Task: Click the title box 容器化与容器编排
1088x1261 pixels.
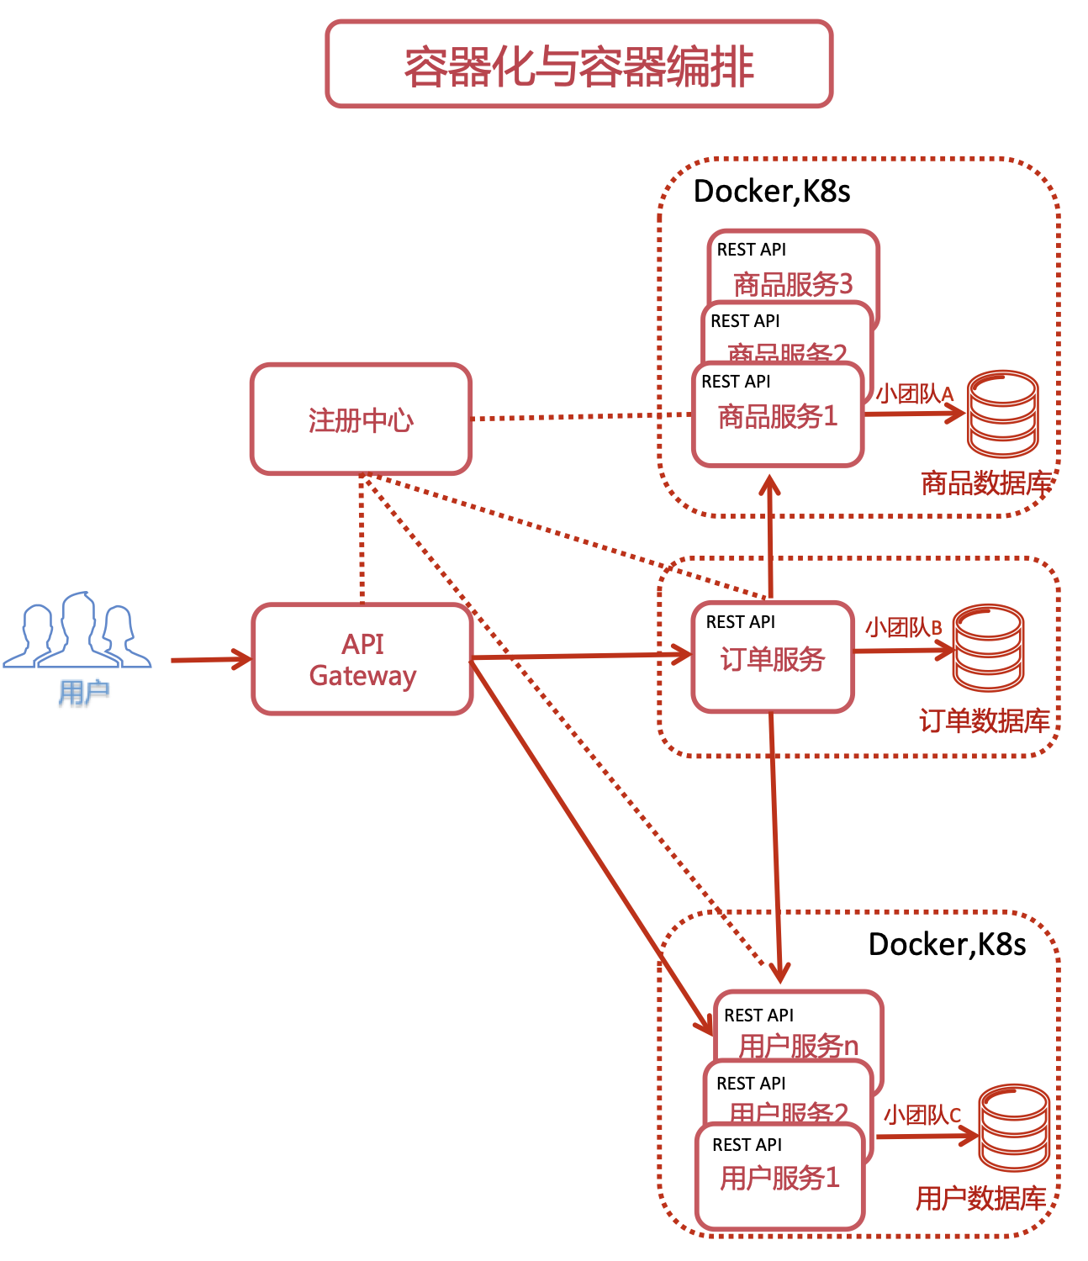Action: pos(578,65)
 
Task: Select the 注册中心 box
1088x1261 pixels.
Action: pos(361,419)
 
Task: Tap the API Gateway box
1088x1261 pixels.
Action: pos(362,659)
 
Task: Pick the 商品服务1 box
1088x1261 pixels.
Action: pos(778,415)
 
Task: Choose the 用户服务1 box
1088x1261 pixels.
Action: pos(779,1177)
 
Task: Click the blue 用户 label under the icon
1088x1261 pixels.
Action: pos(84,693)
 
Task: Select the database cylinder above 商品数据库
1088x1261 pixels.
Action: pos(1002,414)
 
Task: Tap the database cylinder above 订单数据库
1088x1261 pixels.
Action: pos(988,647)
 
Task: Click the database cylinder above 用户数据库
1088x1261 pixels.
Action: pos(1014,1127)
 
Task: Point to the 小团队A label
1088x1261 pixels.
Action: pos(915,393)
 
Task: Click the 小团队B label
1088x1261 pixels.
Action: pos(904,627)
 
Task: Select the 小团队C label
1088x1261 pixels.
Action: pos(922,1115)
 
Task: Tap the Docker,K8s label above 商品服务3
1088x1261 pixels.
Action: pos(772,192)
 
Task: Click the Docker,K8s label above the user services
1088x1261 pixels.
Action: pos(947,944)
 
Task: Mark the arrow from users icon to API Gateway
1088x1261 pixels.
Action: pos(210,660)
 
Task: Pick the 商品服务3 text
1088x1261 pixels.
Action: pos(793,284)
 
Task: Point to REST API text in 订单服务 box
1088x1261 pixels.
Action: pos(741,622)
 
